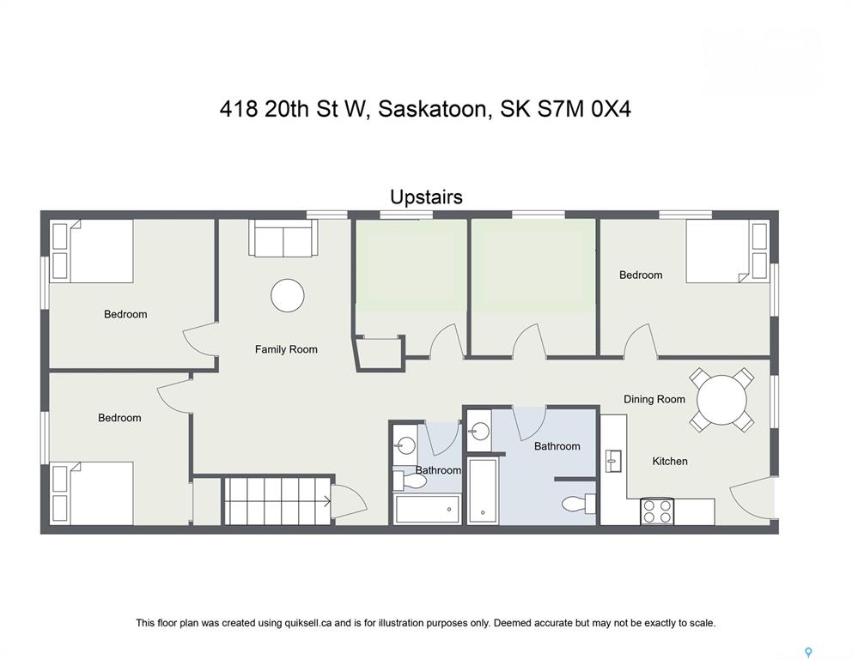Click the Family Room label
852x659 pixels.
[286, 349]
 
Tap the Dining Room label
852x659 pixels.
[654, 399]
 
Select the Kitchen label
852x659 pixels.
[669, 461]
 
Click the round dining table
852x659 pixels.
[721, 400]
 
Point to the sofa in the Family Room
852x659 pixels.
[283, 238]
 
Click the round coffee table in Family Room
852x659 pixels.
[288, 295]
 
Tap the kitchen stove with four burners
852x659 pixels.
[658, 511]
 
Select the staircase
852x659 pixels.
[277, 501]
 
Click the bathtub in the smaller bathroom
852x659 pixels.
[428, 509]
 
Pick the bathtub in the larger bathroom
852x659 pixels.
[483, 492]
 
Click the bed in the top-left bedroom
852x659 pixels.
[92, 251]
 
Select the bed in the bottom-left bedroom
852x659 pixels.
[92, 493]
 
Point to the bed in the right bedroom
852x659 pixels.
[727, 251]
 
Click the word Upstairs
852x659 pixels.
[427, 197]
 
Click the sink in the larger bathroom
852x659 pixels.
[478, 431]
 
